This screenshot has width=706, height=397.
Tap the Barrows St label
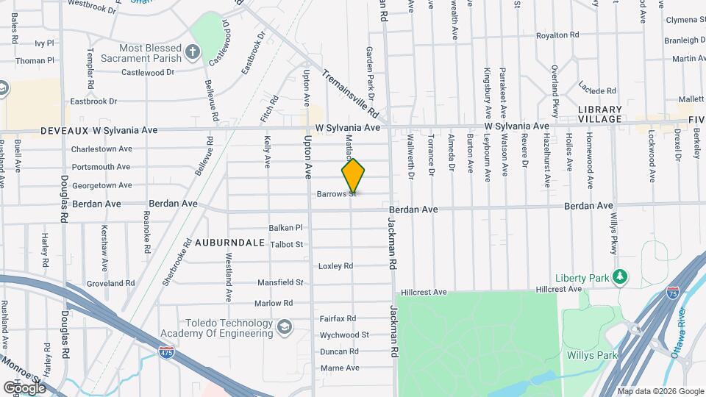pyautogui.click(x=336, y=195)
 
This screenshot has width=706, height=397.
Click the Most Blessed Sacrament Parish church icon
pyautogui.click(x=193, y=51)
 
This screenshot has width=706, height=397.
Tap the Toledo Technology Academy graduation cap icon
pyautogui.click(x=284, y=326)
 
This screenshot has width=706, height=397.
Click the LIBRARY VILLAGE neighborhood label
pyautogui.click(x=600, y=114)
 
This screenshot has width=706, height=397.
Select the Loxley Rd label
pyautogui.click(x=336, y=266)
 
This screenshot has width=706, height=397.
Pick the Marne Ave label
pyautogui.click(x=339, y=368)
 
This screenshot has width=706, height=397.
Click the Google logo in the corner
pyautogui.click(x=24, y=387)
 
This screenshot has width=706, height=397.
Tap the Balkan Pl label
pyautogui.click(x=286, y=228)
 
